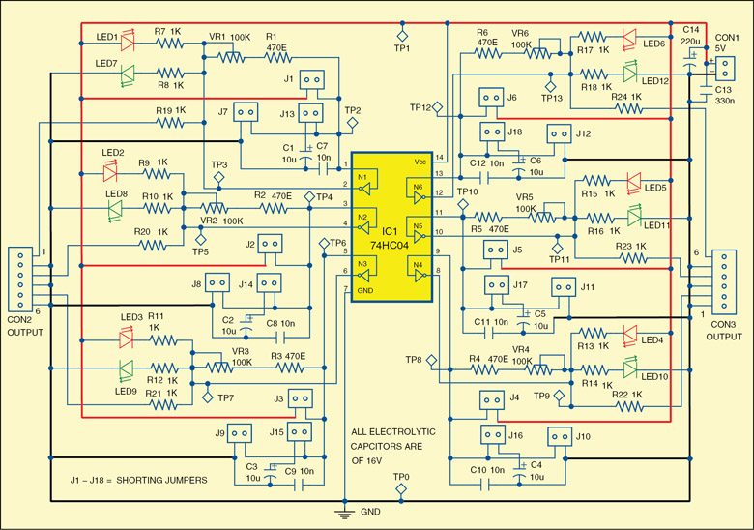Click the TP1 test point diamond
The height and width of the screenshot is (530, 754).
pyautogui.click(x=403, y=36)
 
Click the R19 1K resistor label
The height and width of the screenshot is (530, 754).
pyautogui.click(x=170, y=110)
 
